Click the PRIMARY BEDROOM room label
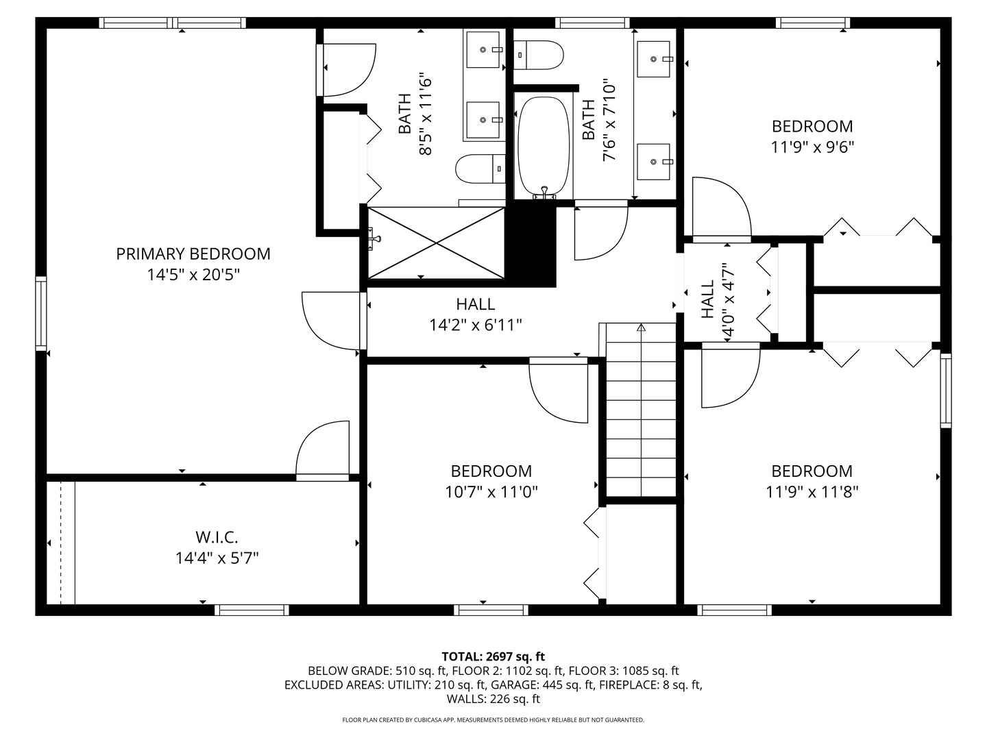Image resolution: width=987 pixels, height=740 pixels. [x=193, y=254]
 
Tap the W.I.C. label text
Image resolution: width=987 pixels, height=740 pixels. [x=217, y=537]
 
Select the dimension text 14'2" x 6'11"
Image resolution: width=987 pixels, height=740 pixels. [x=476, y=325]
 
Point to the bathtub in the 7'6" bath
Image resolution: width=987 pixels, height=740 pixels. [x=544, y=146]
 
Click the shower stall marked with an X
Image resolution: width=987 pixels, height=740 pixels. [x=437, y=243]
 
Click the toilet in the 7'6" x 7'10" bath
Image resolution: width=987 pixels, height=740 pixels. [x=539, y=55]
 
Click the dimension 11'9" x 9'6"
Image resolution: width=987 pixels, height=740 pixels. [x=812, y=147]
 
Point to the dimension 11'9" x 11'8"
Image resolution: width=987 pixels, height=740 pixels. [x=812, y=491]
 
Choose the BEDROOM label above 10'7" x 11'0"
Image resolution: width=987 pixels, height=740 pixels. [x=491, y=471]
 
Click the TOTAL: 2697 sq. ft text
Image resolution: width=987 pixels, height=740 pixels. [x=493, y=656]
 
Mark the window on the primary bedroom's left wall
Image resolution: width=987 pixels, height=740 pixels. [x=41, y=314]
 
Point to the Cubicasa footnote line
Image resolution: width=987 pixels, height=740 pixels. [x=493, y=720]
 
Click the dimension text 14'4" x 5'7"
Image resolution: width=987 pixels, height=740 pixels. [x=217, y=558]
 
